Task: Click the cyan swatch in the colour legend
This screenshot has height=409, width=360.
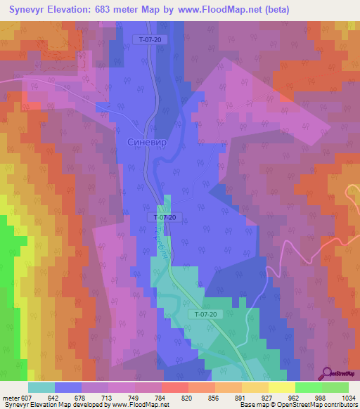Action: [x=41, y=387]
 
